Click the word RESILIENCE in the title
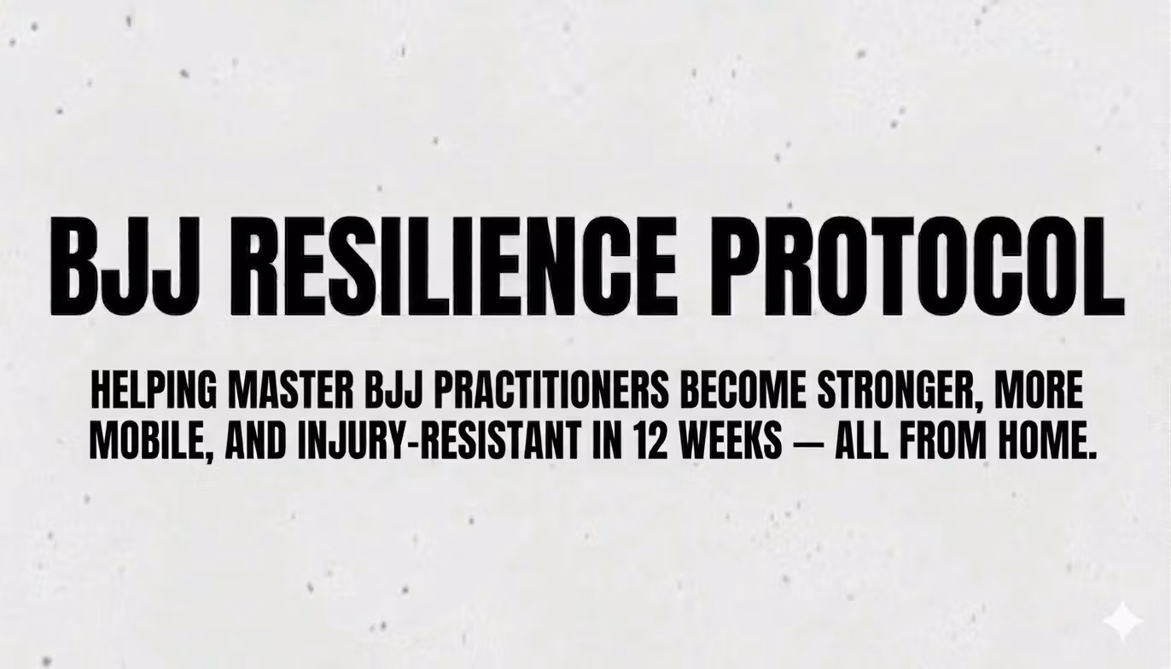459,266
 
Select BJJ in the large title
125,266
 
